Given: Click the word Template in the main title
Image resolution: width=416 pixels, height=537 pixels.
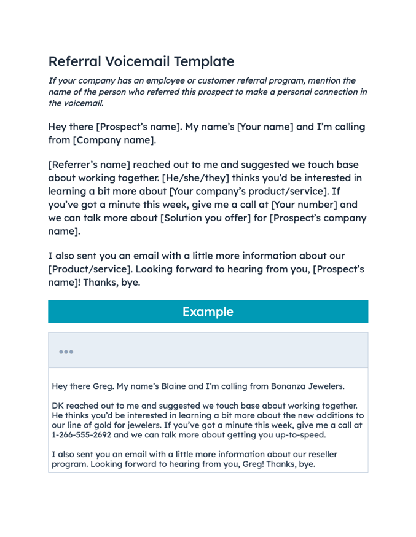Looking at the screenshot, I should [x=204, y=61].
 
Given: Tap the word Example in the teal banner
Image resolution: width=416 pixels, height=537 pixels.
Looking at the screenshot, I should [x=208, y=312].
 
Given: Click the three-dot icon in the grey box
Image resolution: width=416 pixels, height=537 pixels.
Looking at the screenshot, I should [x=66, y=351].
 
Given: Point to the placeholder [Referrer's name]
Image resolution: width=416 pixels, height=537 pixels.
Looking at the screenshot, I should [x=89, y=165].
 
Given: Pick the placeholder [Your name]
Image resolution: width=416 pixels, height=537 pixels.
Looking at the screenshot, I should [x=265, y=127].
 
